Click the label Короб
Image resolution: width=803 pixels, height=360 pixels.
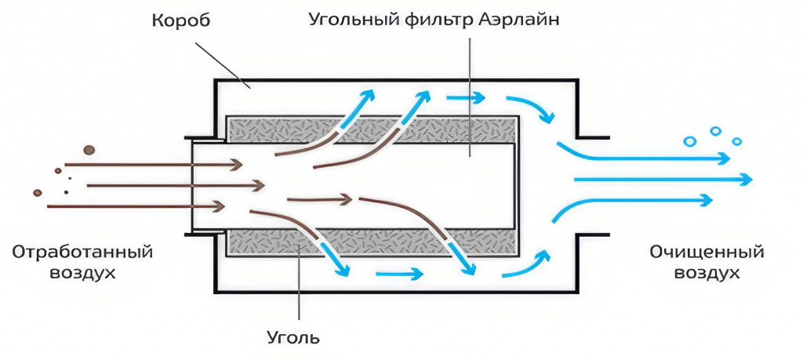pyautogui.click(x=182, y=20)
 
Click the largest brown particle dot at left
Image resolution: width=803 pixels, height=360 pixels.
pyautogui.click(x=88, y=149)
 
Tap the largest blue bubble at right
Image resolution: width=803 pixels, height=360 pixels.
pyautogui.click(x=690, y=141)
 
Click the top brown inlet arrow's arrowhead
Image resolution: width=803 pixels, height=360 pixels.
pyautogui.click(x=234, y=165)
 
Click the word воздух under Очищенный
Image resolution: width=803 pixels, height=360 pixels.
pyautogui.click(x=707, y=274)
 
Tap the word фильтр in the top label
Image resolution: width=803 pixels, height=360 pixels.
pyautogui.click(x=443, y=20)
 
